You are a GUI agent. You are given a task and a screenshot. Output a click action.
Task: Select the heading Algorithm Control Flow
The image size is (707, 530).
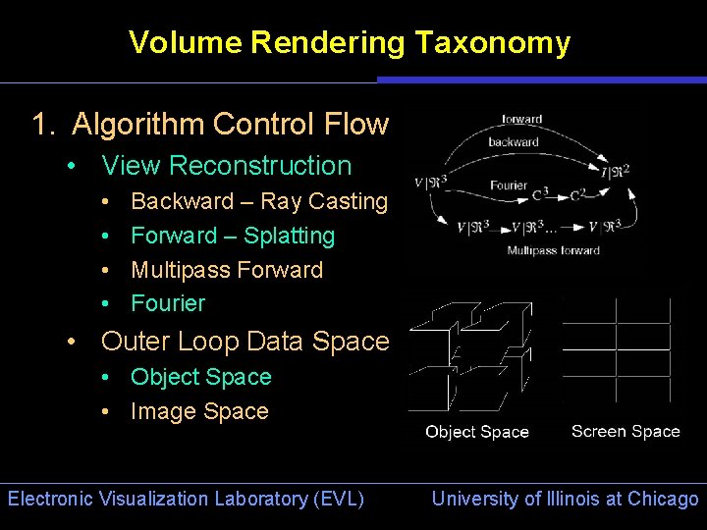tap(230, 125)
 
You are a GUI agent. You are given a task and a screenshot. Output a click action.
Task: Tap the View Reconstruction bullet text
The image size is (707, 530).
tap(226, 166)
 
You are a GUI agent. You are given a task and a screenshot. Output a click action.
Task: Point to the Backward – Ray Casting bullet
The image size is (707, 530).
tap(259, 201)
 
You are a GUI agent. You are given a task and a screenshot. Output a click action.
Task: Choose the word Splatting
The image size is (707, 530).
tap(289, 236)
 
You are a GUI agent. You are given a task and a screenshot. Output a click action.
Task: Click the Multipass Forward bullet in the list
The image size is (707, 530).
tap(226, 270)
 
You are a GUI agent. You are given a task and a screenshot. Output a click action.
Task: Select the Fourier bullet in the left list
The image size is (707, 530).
tap(168, 303)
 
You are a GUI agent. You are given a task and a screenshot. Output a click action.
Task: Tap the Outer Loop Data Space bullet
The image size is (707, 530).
tap(245, 342)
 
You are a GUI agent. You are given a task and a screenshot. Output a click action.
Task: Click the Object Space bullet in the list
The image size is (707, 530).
tap(200, 377)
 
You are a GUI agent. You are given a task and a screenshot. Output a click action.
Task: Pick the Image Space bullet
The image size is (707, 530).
tap(199, 411)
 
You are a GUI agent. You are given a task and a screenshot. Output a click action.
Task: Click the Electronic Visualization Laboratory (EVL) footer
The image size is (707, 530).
tap(186, 499)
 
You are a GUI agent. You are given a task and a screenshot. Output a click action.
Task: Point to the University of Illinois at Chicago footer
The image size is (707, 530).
tap(565, 499)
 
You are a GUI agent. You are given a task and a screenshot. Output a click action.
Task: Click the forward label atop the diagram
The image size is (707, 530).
tap(521, 119)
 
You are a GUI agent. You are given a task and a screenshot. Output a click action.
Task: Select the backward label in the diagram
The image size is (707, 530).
tap(514, 142)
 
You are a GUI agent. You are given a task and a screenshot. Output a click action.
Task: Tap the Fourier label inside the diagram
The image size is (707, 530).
tap(508, 185)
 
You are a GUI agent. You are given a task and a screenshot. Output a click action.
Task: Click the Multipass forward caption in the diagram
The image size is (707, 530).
tap(553, 250)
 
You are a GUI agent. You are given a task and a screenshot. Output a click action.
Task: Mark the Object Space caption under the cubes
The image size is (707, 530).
tap(476, 432)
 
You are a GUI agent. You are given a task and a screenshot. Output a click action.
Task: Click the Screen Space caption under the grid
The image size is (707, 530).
tap(625, 431)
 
